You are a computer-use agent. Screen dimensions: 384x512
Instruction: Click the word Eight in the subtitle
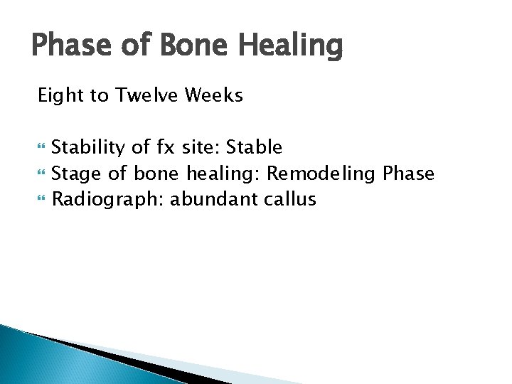point(58,96)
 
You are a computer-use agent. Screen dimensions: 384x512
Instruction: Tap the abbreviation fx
point(166,148)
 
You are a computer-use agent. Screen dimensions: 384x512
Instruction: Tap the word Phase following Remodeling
point(408,174)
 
